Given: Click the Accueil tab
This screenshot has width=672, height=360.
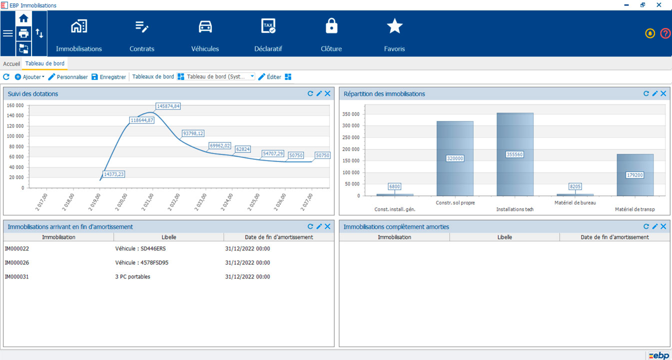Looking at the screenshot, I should [x=11, y=64].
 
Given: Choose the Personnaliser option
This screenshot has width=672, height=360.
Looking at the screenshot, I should [x=68, y=77].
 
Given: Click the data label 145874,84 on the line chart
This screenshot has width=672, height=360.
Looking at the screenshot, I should [x=168, y=106].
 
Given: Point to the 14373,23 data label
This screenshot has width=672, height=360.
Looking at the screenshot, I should [x=114, y=174].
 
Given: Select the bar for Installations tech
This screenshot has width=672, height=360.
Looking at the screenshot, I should [x=515, y=154].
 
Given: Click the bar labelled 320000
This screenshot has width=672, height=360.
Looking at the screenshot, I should [x=455, y=158].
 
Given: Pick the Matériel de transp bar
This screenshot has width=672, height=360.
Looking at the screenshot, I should [x=635, y=175].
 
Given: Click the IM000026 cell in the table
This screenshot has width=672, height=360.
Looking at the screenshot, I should [x=17, y=262].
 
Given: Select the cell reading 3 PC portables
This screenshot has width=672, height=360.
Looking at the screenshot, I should [x=132, y=276].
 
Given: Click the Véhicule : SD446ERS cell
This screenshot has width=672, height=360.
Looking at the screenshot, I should [x=140, y=248].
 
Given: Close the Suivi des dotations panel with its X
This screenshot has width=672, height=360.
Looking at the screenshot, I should [x=328, y=93].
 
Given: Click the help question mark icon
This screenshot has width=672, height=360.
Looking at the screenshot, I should [x=665, y=33].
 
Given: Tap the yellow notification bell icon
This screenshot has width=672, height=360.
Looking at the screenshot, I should [x=650, y=33].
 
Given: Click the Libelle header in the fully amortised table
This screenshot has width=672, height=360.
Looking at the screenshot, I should [x=505, y=237].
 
